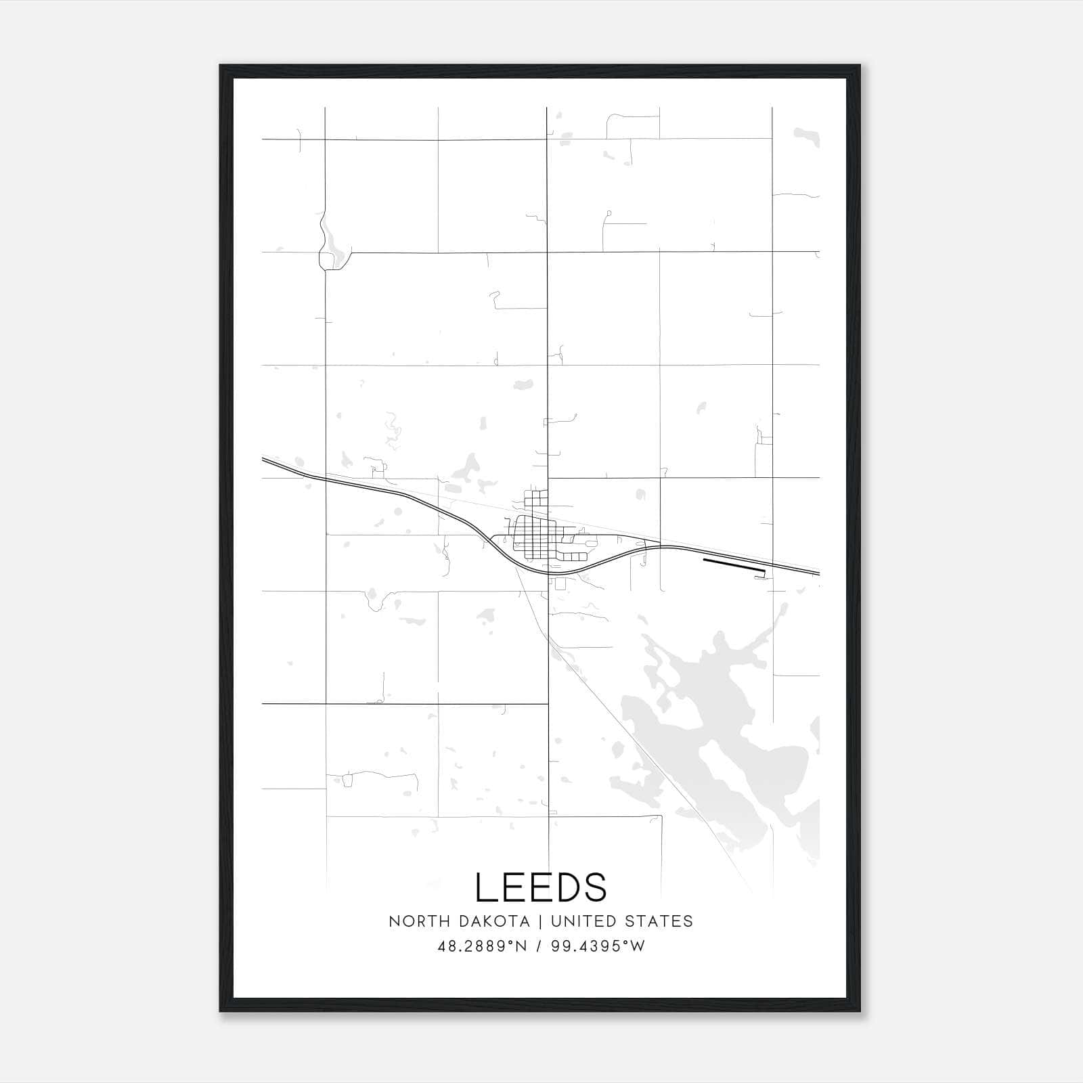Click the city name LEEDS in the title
click(541, 887)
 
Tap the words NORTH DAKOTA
click(458, 921)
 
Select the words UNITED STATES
click(622, 921)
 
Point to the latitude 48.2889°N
click(482, 946)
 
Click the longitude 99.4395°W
click(598, 946)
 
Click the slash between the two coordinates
click(539, 946)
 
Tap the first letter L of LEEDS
click(487, 887)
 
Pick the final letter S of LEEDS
click(595, 887)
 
